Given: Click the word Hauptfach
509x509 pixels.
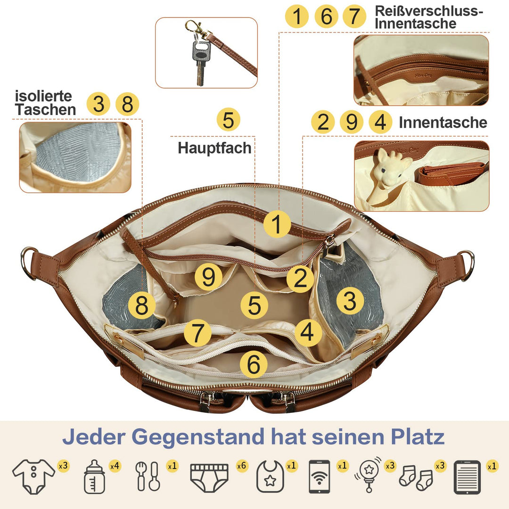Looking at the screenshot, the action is coord(214,148).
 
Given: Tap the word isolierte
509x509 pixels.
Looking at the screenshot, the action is coord(43,96).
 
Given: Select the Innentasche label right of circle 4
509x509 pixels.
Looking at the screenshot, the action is coord(443,123).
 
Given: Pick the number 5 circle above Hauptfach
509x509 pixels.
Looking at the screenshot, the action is coord(229,119).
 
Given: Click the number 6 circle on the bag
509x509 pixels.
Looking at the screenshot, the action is coord(254,364).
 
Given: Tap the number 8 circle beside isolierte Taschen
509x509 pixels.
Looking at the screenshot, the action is coord(127,104).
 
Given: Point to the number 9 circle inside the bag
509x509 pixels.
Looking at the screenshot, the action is coord(208,277).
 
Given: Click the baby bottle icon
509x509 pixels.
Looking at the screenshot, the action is coord(94,477).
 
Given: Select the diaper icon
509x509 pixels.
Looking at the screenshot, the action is coord(209,477).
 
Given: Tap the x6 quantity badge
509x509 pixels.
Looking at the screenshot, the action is coord(242,466).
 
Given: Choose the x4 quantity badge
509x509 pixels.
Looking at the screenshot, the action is coord(115,466).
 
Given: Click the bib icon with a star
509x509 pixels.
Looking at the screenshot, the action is coord(270,476).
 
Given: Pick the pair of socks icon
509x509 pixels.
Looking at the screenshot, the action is coord(416,478).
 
